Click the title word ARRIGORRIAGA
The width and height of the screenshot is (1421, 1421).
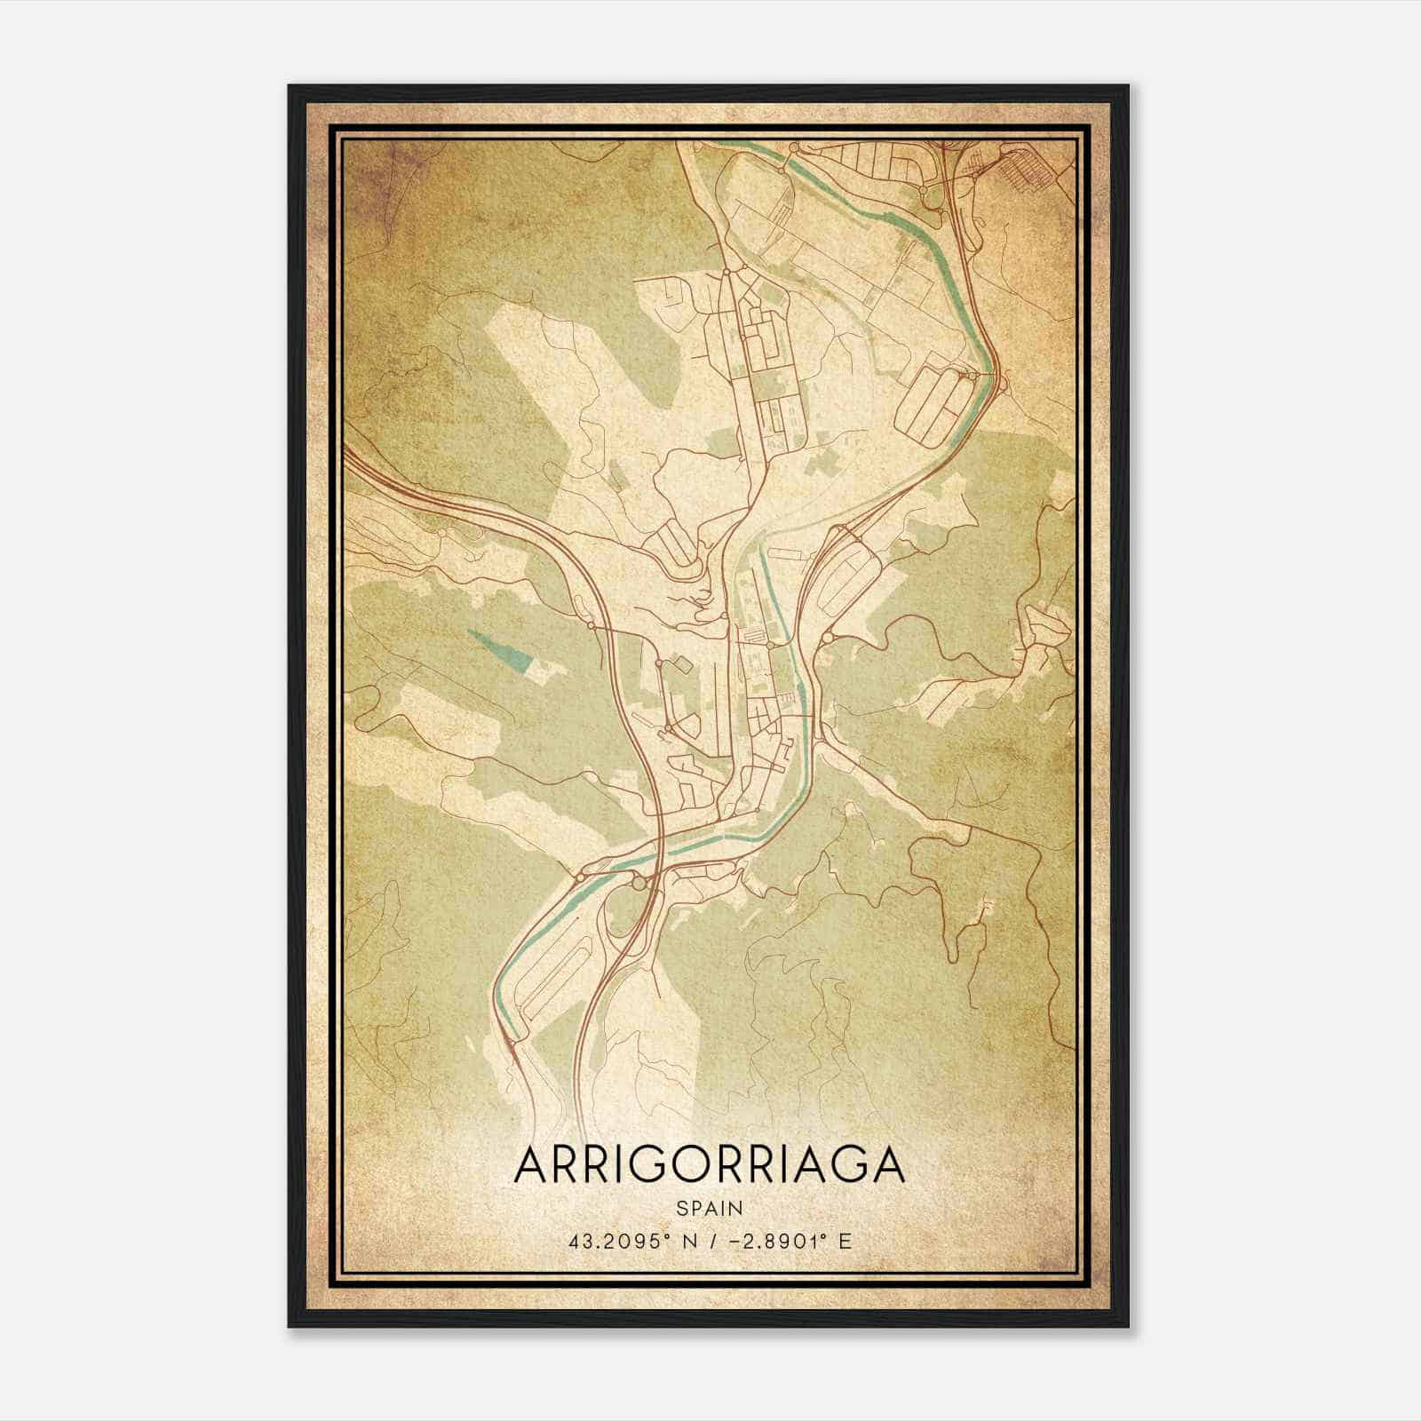coord(709,1165)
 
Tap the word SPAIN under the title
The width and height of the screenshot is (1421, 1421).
coord(709,1208)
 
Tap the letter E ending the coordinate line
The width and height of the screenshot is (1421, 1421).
coord(845,1241)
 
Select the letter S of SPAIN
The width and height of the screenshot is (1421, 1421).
coord(680,1208)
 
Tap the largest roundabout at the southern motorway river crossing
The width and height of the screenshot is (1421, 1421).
coord(639,883)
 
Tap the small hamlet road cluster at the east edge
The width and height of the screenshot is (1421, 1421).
coord(1039,631)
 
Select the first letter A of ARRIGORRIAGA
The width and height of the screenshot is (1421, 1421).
coord(532,1165)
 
